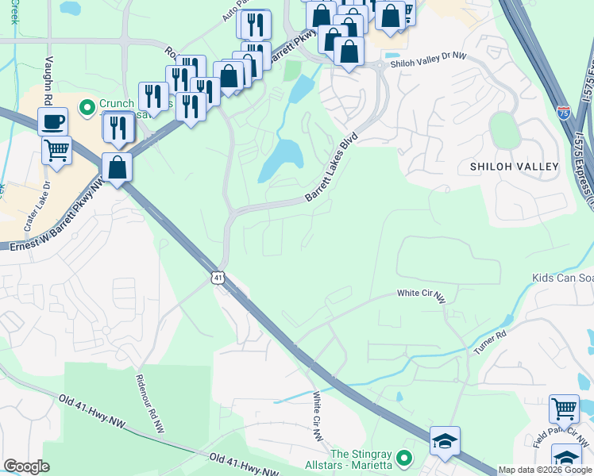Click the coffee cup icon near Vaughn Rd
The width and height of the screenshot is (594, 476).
pos(52,121)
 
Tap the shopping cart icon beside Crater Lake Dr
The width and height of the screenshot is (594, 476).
pos(56,150)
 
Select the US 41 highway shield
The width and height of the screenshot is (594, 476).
pos(218,277)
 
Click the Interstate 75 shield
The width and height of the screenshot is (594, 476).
pos(563,113)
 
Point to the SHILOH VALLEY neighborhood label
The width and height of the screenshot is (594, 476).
pos(515,167)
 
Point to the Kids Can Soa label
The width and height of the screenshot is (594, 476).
pos(562,278)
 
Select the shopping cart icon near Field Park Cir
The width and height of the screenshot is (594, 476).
pos(564,409)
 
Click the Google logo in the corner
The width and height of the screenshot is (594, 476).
pos(26,466)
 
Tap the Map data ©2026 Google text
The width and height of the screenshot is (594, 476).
pos(544,470)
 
